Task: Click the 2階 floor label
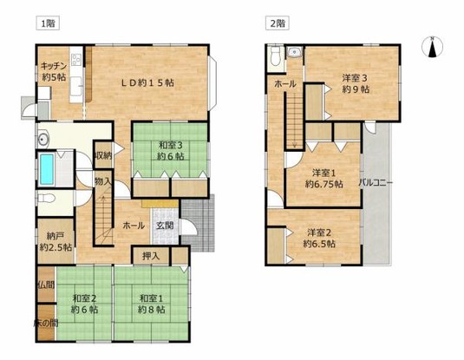pyautogui.click(x=277, y=23)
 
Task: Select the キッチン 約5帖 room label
pyautogui.click(x=55, y=70)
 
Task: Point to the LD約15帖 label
pyautogui.click(x=147, y=83)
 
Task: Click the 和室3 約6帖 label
pyautogui.click(x=170, y=151)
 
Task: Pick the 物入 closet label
pyautogui.click(x=102, y=181)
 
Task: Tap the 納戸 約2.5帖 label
pyautogui.click(x=55, y=239)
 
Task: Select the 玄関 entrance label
pyautogui.click(x=164, y=225)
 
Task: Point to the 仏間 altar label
pyautogui.click(x=45, y=284)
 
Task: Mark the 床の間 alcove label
pyautogui.click(x=46, y=323)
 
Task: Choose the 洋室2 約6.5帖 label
pyautogui.click(x=321, y=238)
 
